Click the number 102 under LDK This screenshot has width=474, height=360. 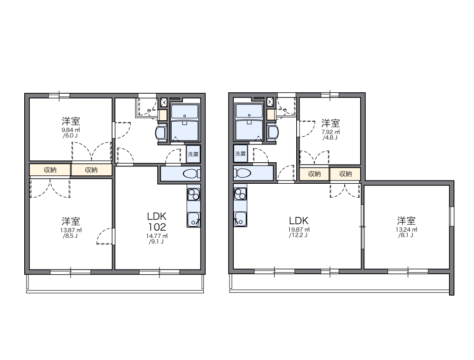coord(157,227)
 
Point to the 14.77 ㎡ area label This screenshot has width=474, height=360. coord(157,236)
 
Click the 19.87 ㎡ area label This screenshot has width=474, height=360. coord(299,229)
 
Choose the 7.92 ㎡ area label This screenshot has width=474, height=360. coord(330,132)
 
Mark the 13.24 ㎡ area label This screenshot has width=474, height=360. coord(406,229)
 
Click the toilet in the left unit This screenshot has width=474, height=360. coord(190,174)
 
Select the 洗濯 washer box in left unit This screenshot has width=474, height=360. coord(193,154)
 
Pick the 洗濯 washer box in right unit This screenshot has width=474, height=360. coord(240,153)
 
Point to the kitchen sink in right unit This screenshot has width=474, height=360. coord(240,218)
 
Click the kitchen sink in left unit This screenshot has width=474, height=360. coord(193,219)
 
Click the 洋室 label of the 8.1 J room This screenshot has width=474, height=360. coord(406,220)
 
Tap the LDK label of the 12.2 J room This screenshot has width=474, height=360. coord(299,221)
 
